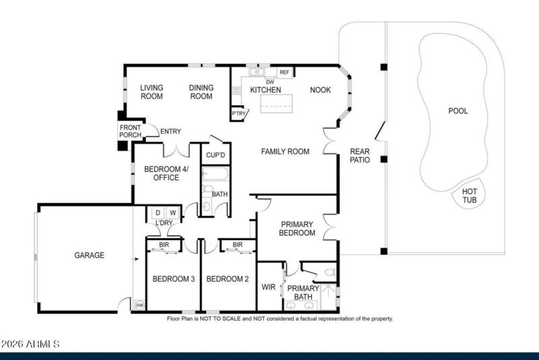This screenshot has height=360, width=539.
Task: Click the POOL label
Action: (458, 111)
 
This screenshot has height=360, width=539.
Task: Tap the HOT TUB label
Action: (470, 196)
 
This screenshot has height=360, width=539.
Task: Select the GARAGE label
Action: (89, 256)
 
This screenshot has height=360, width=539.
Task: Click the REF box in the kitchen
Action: (284, 72)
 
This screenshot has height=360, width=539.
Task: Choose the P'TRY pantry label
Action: (238, 115)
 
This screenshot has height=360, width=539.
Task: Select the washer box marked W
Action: (172, 213)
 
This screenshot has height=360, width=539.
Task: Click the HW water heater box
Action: (139, 305)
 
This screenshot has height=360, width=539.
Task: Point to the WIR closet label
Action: (267, 287)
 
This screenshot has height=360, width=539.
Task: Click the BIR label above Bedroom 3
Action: (164, 245)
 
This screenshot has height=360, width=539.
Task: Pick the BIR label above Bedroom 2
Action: (237, 245)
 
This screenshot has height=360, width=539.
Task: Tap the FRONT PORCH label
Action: (130, 131)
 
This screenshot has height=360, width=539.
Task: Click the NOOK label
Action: (320, 90)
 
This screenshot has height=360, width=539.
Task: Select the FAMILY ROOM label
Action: (285, 152)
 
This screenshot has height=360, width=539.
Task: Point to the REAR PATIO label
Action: (360, 156)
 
